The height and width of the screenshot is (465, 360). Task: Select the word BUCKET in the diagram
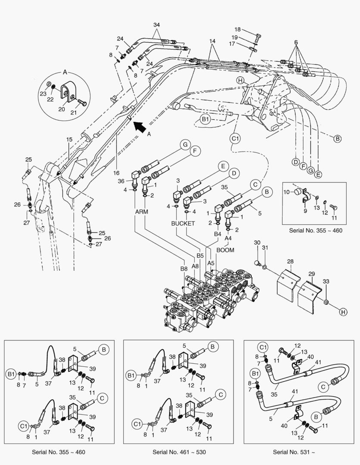click(x=183, y=223)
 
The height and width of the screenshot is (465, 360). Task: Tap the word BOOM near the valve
click(x=225, y=249)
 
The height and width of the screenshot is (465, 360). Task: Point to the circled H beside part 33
click(x=342, y=311)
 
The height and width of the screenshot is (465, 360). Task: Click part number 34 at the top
click(x=156, y=25)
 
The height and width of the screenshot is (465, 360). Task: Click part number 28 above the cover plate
click(x=290, y=262)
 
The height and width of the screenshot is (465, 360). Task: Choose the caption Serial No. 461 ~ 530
click(x=179, y=452)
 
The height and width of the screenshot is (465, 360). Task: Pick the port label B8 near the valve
click(x=184, y=268)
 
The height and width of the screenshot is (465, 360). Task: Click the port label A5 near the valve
click(x=211, y=262)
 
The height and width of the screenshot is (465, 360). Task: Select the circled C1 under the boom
click(x=235, y=139)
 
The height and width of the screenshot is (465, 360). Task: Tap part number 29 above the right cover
click(x=312, y=274)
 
